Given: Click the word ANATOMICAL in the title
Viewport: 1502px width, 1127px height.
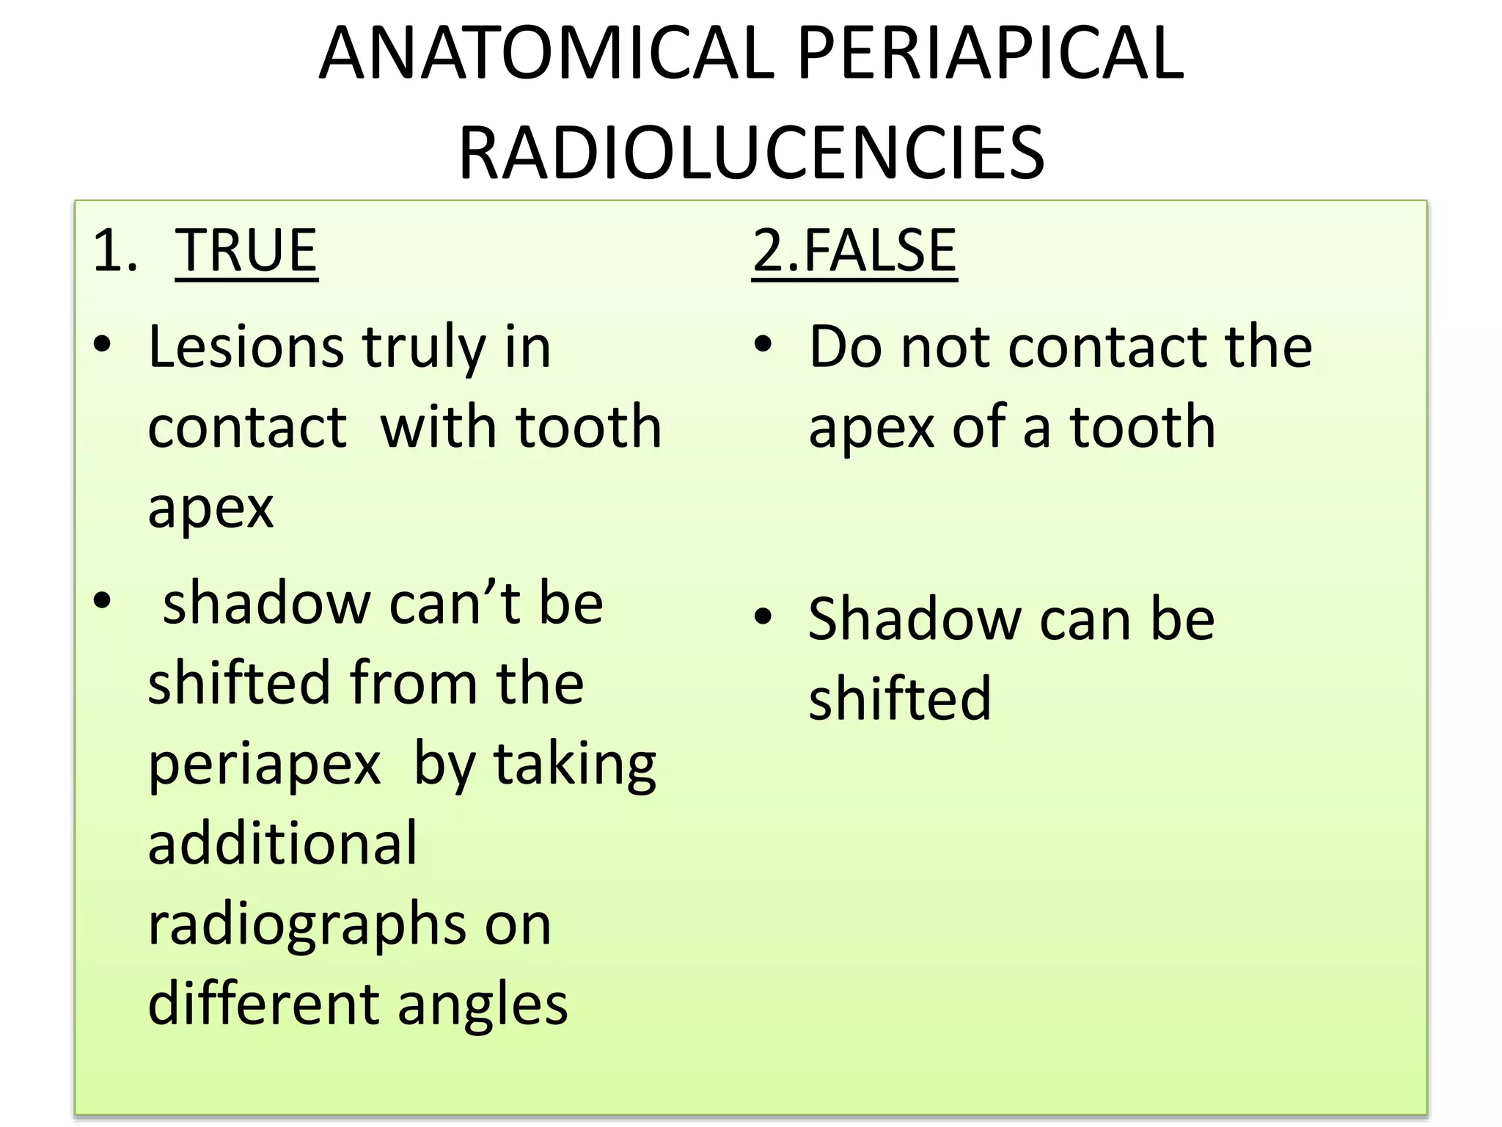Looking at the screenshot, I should pos(546,54).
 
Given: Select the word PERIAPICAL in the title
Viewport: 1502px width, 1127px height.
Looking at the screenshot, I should pos(990,54).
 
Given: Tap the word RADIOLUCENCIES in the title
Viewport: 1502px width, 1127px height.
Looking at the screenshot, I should pos(751,153).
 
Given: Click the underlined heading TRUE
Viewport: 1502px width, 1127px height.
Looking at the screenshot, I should pos(246,251).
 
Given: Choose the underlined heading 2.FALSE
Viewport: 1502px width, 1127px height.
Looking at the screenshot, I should pos(854,251).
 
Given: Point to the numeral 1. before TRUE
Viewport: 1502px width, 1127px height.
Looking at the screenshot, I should pos(115,251).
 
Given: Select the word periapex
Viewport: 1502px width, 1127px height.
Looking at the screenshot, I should pos(264,765).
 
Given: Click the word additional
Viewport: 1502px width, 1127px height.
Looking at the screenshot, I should pos(282,844).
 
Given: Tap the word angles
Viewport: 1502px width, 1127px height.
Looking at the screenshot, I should pos(483,1005).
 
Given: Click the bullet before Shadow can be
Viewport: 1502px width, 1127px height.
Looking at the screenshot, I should pos(763,616).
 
